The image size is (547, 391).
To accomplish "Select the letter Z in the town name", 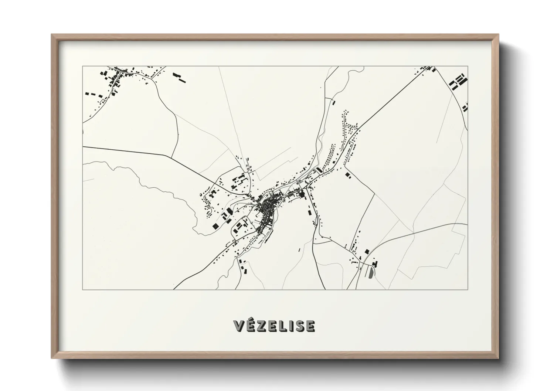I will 260,326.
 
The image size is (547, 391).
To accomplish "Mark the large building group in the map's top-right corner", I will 457,82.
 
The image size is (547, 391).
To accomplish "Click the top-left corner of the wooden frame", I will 52,35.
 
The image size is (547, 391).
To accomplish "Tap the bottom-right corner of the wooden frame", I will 497,358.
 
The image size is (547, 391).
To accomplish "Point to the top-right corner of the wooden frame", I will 497,35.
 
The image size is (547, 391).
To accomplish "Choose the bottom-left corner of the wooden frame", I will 52,358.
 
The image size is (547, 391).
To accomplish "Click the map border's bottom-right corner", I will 468,289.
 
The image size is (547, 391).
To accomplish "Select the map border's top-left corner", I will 83,67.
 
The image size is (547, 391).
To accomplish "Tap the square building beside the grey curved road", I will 367,251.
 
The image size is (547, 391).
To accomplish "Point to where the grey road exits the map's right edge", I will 467,224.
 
